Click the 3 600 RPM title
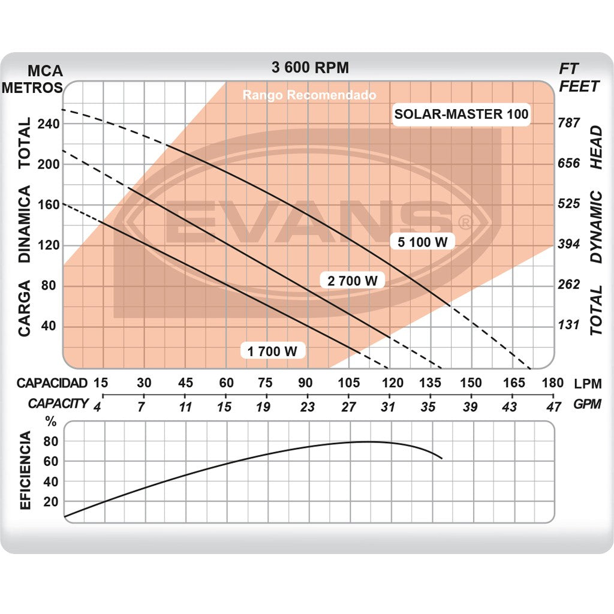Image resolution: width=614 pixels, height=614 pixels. [310, 67]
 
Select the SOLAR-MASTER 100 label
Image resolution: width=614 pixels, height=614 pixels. [461, 114]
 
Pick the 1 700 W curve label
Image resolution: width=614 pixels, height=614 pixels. [273, 351]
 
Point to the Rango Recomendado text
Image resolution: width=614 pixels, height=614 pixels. [309, 95]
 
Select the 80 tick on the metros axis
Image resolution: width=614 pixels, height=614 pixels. [48, 285]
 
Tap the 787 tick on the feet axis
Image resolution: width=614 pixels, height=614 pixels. [569, 123]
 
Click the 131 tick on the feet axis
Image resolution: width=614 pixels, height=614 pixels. [569, 325]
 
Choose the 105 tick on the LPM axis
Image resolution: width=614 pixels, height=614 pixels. [348, 383]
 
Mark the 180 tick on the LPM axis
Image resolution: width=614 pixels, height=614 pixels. [552, 383]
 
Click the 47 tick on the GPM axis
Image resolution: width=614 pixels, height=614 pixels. [553, 407]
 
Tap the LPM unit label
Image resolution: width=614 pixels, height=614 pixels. [587, 384]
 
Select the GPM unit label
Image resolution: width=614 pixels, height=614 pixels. [587, 404]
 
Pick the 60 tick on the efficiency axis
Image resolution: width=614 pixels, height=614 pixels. [50, 461]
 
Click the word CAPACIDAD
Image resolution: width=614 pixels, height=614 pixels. [52, 383]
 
